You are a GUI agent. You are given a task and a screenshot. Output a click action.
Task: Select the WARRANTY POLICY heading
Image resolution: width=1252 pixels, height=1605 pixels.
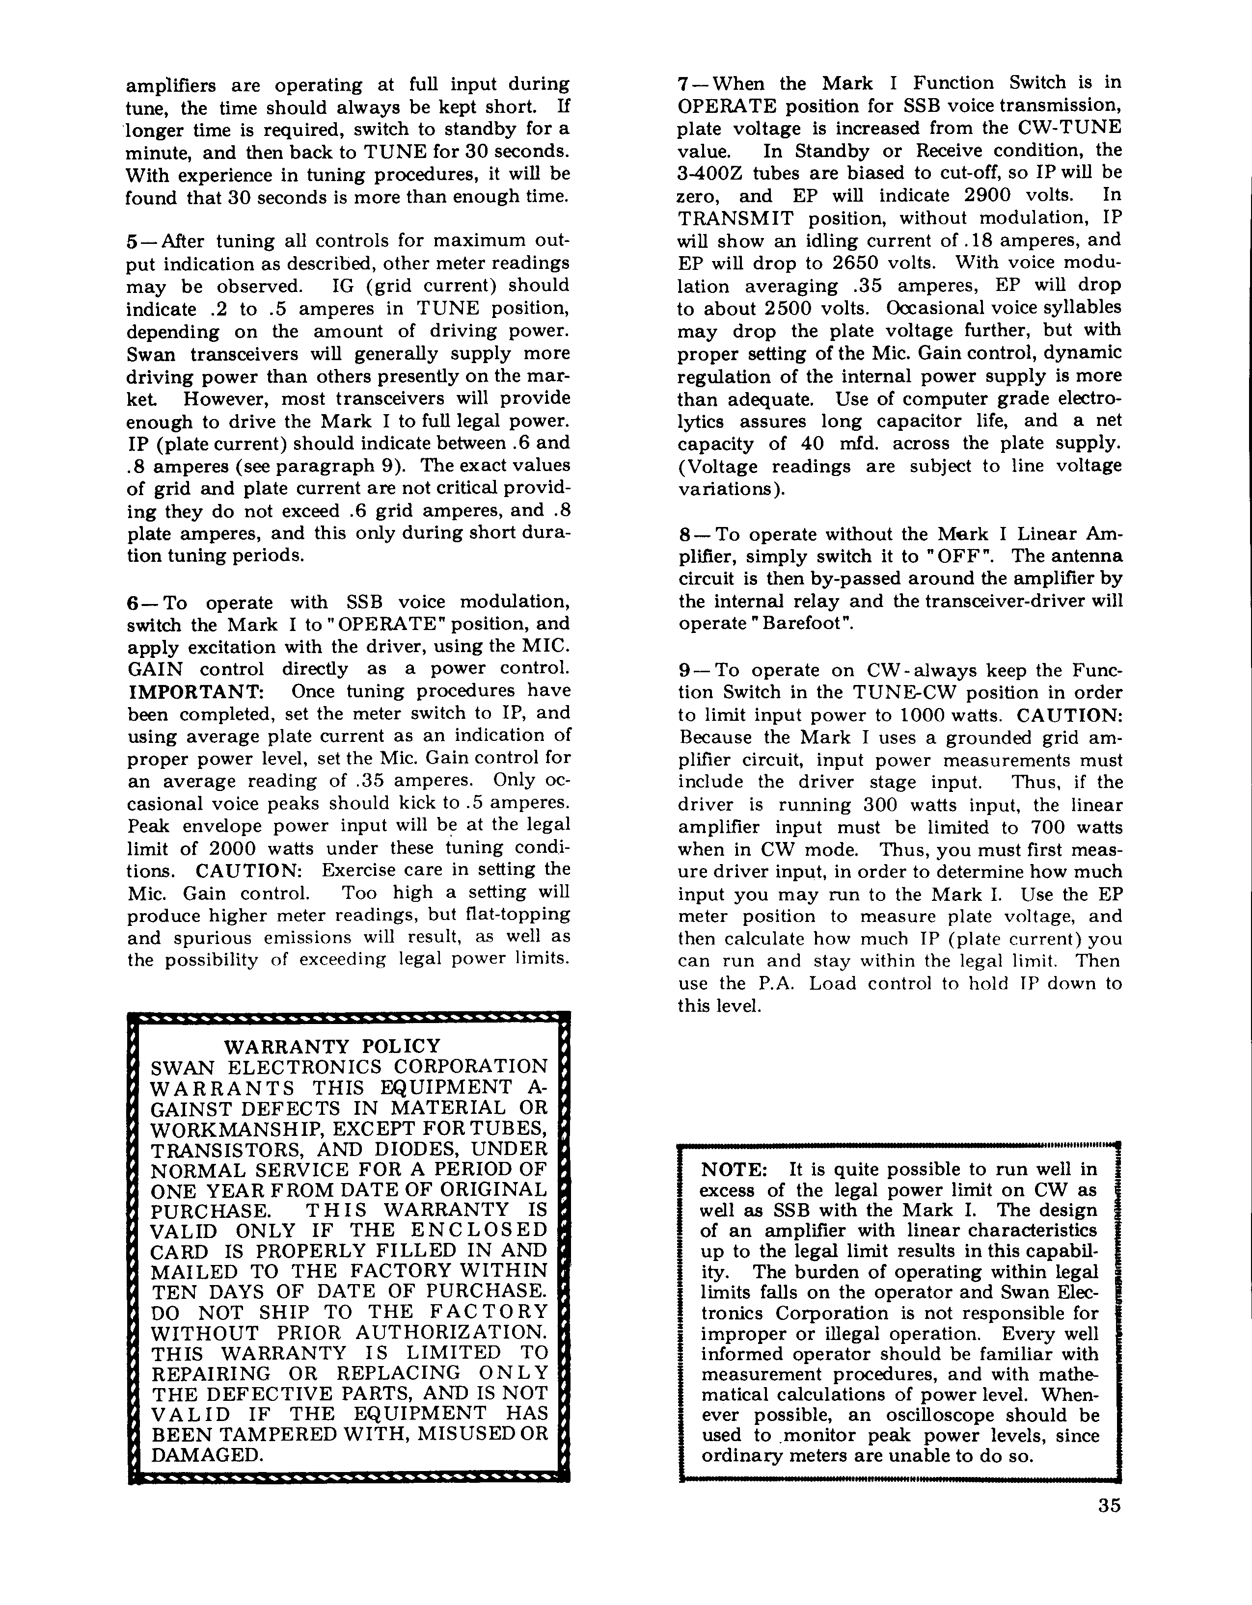[x=332, y=1046]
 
